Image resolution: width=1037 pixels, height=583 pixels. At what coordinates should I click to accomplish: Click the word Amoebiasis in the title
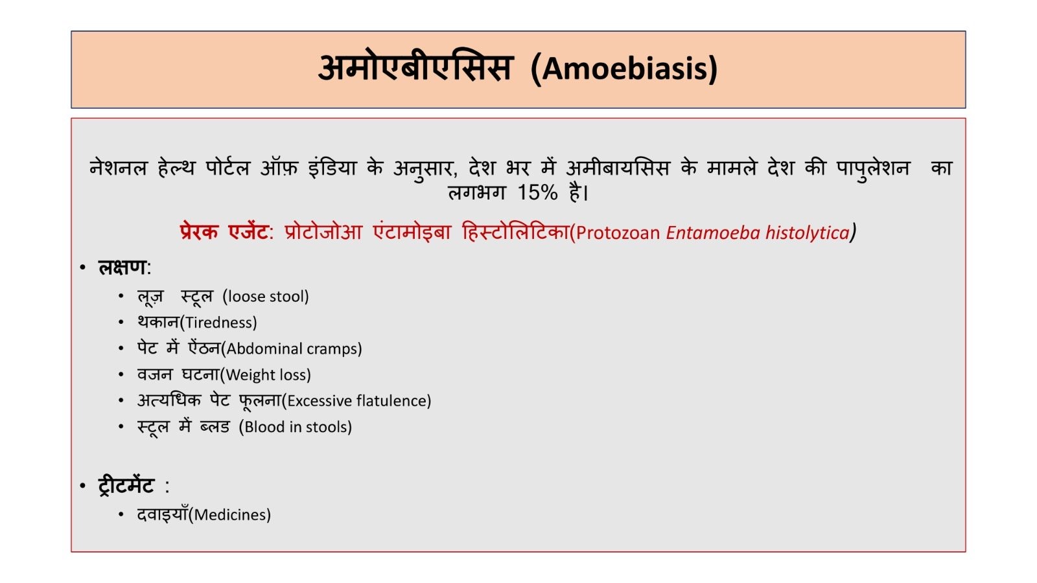[x=625, y=69]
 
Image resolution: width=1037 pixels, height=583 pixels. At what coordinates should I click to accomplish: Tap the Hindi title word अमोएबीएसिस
[x=415, y=67]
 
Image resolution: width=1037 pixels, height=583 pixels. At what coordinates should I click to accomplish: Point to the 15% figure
[x=537, y=192]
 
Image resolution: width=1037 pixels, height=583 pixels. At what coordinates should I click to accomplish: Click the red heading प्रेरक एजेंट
[x=224, y=231]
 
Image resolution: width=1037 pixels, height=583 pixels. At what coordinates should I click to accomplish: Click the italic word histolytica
[x=808, y=233]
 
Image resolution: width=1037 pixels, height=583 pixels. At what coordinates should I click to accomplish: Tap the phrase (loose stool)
[x=266, y=297]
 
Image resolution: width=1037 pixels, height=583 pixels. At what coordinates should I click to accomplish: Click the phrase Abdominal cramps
[x=292, y=349]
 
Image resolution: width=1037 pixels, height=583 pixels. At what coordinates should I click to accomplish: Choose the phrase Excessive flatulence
[x=356, y=401]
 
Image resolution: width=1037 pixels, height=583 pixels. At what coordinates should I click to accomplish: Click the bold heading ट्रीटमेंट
[x=126, y=486]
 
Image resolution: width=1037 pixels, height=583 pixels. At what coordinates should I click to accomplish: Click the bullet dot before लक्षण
[x=83, y=268]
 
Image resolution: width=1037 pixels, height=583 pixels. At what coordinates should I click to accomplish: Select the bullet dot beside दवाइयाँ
[x=121, y=514]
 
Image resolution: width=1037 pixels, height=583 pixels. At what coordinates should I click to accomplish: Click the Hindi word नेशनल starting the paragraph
[x=118, y=168]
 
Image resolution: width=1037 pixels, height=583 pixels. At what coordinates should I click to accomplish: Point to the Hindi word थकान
[x=158, y=322]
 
